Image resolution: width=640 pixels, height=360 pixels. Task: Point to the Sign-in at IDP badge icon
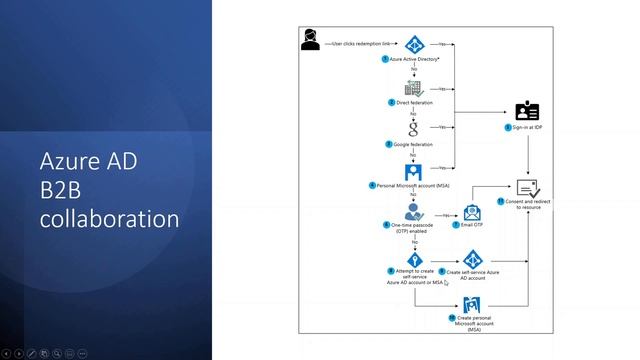coord(526,111)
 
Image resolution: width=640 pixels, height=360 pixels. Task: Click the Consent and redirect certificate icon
coord(527,187)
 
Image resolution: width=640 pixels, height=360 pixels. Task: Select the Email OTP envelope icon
coord(472,213)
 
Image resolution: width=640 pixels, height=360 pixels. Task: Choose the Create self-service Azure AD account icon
coord(473,260)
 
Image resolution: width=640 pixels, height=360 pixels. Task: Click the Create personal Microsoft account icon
coord(472,304)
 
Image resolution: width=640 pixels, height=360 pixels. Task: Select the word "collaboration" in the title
coord(110,217)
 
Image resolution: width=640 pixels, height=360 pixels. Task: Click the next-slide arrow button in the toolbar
coord(20,353)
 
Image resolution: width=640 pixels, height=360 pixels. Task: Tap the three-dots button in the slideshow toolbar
coord(82,353)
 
